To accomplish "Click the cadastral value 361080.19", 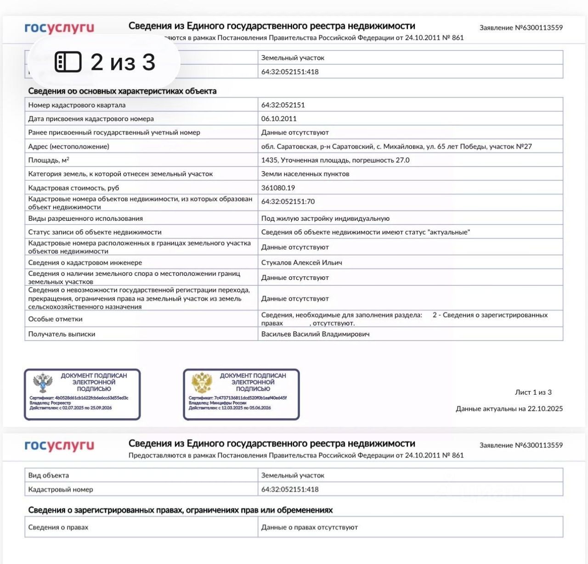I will [278, 188].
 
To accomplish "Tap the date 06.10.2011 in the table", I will [279, 119].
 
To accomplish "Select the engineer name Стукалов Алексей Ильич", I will [301, 262].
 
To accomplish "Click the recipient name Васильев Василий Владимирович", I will [315, 334].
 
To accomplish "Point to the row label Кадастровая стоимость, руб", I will [73, 188].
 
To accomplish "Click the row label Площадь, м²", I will [49, 160].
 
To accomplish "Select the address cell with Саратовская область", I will [396, 146].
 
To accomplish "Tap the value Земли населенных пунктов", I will [305, 174].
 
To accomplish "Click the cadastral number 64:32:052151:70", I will [288, 201].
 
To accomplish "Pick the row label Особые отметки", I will [56, 319].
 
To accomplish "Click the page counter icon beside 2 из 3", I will [68, 62].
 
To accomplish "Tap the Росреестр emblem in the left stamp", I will [43, 383].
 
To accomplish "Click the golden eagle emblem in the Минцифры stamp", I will [202, 383].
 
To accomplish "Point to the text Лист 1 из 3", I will [533, 392].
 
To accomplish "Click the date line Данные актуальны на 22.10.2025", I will [509, 409].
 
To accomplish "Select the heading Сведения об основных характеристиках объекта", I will [122, 91].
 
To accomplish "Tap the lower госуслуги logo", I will [59, 446].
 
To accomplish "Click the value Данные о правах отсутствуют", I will [309, 527].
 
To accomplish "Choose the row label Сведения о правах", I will [58, 527].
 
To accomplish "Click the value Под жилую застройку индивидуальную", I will [325, 218].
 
